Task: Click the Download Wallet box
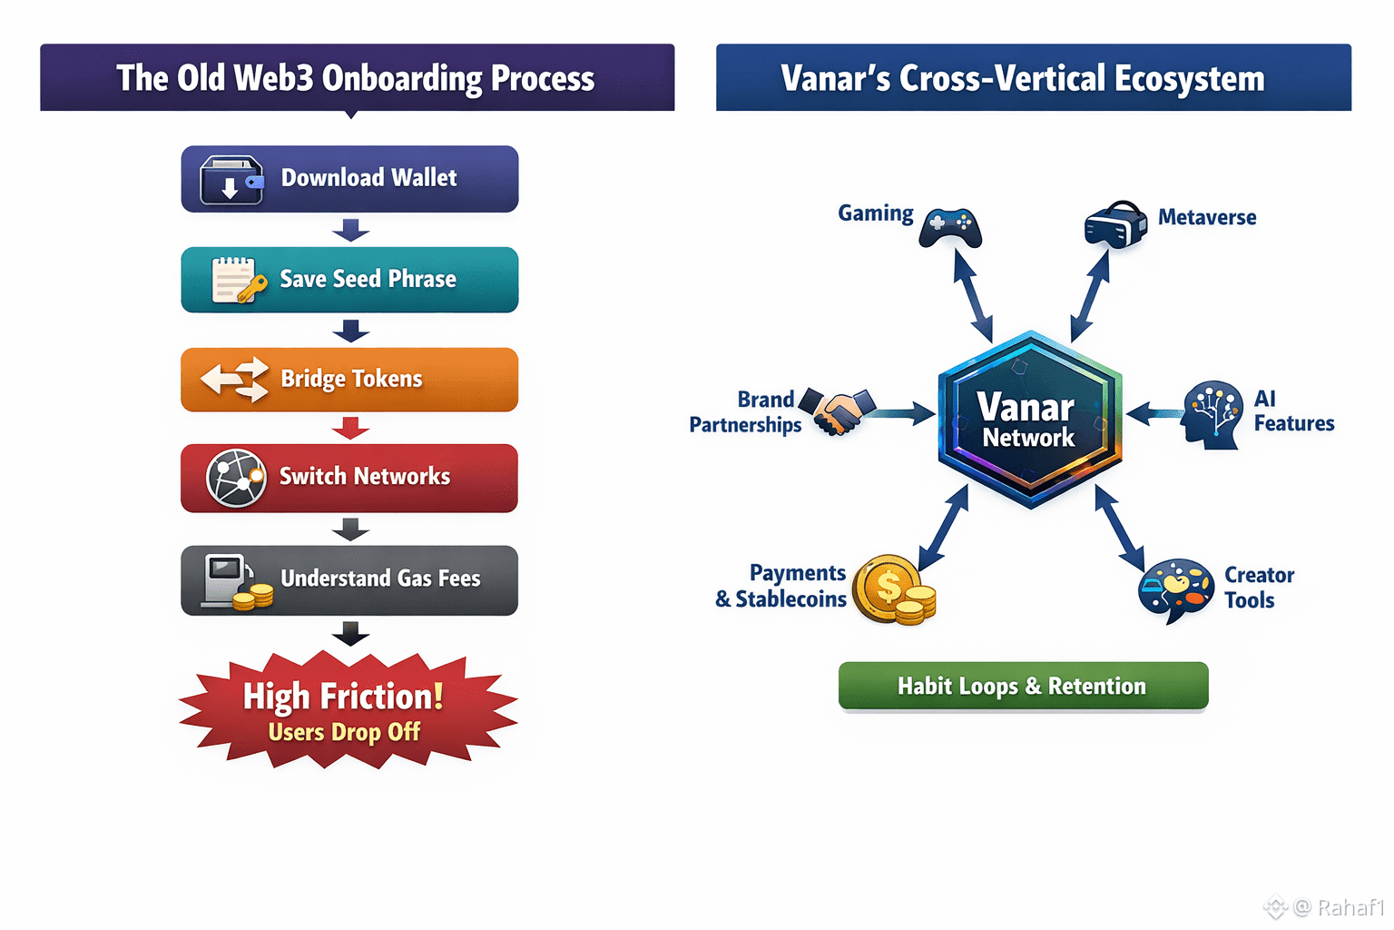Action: click(x=349, y=179)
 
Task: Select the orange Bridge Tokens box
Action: click(x=349, y=380)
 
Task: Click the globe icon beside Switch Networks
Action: click(x=236, y=478)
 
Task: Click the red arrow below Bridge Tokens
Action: click(x=350, y=428)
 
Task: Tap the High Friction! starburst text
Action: click(x=343, y=697)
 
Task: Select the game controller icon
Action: click(x=950, y=227)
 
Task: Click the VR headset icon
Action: click(x=1115, y=223)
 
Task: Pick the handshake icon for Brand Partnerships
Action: click(x=838, y=411)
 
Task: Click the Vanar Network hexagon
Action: click(x=1029, y=420)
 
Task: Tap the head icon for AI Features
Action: click(x=1212, y=415)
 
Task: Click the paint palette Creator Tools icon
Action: click(x=1176, y=589)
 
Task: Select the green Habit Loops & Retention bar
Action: click(x=1023, y=686)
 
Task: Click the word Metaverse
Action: click(x=1207, y=218)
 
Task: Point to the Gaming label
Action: click(x=875, y=213)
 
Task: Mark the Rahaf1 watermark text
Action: click(x=1350, y=907)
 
